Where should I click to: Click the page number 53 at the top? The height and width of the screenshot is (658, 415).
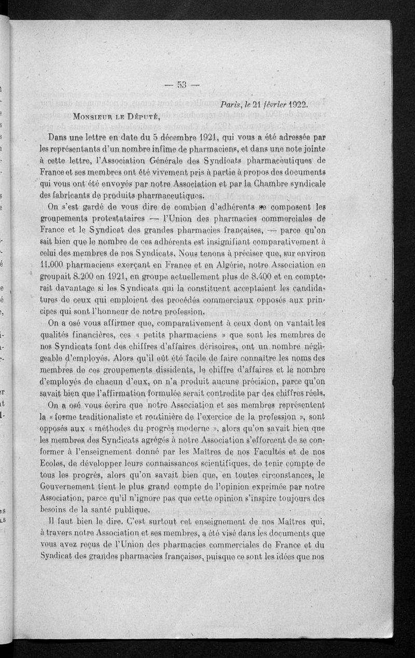click(x=182, y=86)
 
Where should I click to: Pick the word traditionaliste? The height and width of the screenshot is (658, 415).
click(x=103, y=416)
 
